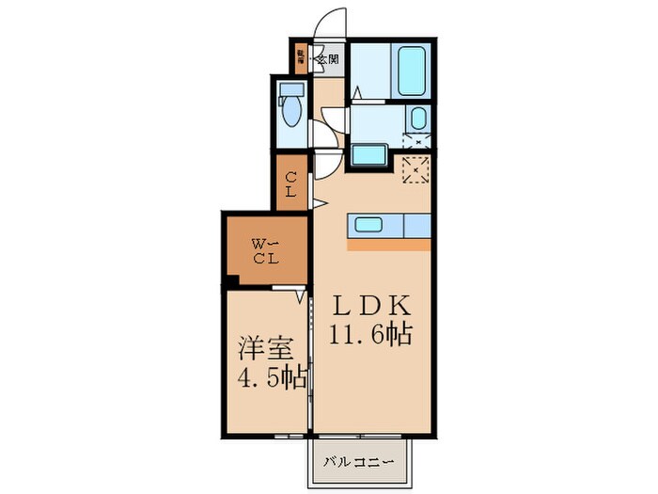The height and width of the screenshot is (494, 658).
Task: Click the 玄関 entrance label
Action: (327, 58)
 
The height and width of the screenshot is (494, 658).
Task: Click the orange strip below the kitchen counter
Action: (389, 244)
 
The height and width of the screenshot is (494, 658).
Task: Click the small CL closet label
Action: (291, 183)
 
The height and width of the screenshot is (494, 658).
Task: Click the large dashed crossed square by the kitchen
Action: (415, 170)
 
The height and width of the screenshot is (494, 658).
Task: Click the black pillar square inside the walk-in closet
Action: (228, 279)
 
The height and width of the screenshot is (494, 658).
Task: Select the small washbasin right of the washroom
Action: (417, 119)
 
